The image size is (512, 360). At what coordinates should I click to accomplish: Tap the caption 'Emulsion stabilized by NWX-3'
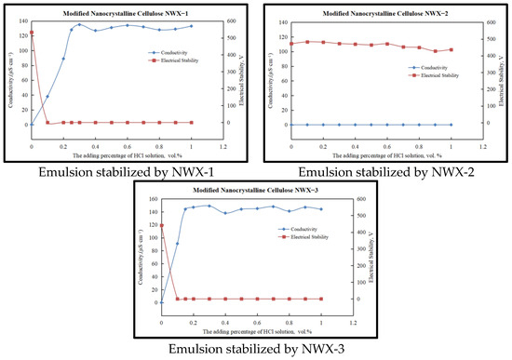point(255,349)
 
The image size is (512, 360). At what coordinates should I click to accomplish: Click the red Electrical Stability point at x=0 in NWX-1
point(32,33)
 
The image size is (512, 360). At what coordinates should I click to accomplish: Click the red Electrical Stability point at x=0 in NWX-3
point(161,225)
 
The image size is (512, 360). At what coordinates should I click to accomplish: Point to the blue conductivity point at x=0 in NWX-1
point(32,124)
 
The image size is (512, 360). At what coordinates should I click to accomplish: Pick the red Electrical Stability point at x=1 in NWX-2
point(451,49)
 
